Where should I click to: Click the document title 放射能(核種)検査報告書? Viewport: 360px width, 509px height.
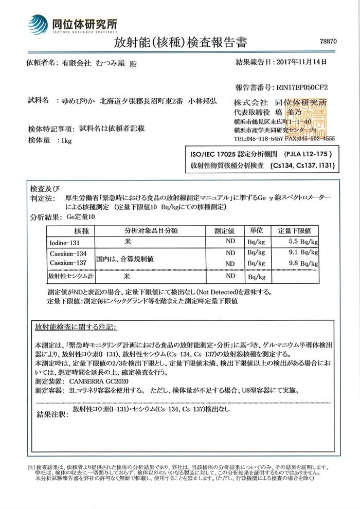point(180,43)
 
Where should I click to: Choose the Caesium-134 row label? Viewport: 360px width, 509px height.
point(68,254)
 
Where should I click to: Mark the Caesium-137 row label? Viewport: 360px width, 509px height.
point(68,263)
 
